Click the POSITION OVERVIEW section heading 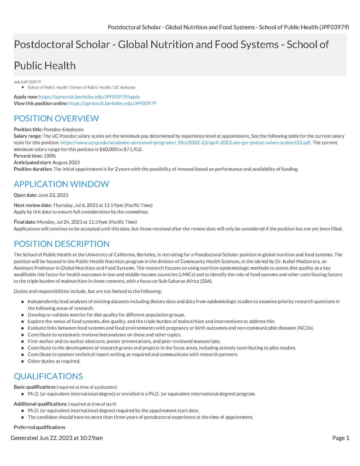(x=56, y=118)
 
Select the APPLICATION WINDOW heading (x=61, y=184)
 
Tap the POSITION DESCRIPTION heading (x=61, y=244)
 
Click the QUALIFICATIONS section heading (x=48, y=376)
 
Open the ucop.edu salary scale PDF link (x=185, y=143)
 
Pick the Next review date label (x=32, y=205)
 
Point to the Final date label (x=24, y=222)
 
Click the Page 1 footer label (x=341, y=438)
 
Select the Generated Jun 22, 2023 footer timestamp (x=57, y=438)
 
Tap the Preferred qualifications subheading (x=39, y=427)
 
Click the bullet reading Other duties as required (x=54, y=361)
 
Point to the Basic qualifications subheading (x=35, y=387)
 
